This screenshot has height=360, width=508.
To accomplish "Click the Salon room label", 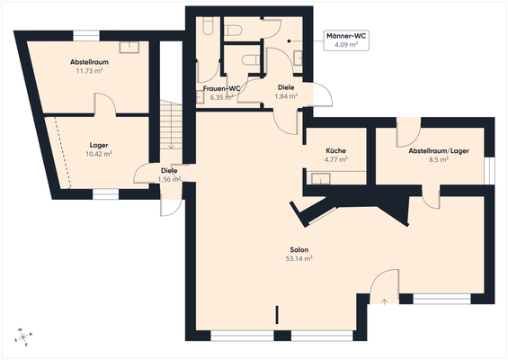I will point(299,249).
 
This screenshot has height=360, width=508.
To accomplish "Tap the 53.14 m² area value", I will point(299,258).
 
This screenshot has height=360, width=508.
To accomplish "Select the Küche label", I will point(335,150).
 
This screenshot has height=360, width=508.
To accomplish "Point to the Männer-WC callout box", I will point(347,40).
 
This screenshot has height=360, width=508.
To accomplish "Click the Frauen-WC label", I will point(221,88).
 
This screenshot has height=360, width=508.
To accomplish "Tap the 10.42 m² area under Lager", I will point(99,154).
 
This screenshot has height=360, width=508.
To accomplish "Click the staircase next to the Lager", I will point(171,126).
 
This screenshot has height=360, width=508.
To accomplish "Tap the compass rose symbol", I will point(22,337).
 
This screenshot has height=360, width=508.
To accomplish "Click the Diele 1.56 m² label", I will point(169,175).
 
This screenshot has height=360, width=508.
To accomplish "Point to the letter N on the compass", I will point(31,333).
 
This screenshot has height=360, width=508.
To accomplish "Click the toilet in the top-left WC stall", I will point(208,31).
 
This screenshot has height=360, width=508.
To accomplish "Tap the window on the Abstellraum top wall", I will point(86,35).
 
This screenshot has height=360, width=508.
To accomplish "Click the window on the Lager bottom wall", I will point(105,193).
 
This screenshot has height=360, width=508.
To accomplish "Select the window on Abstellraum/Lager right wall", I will point(489,169).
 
